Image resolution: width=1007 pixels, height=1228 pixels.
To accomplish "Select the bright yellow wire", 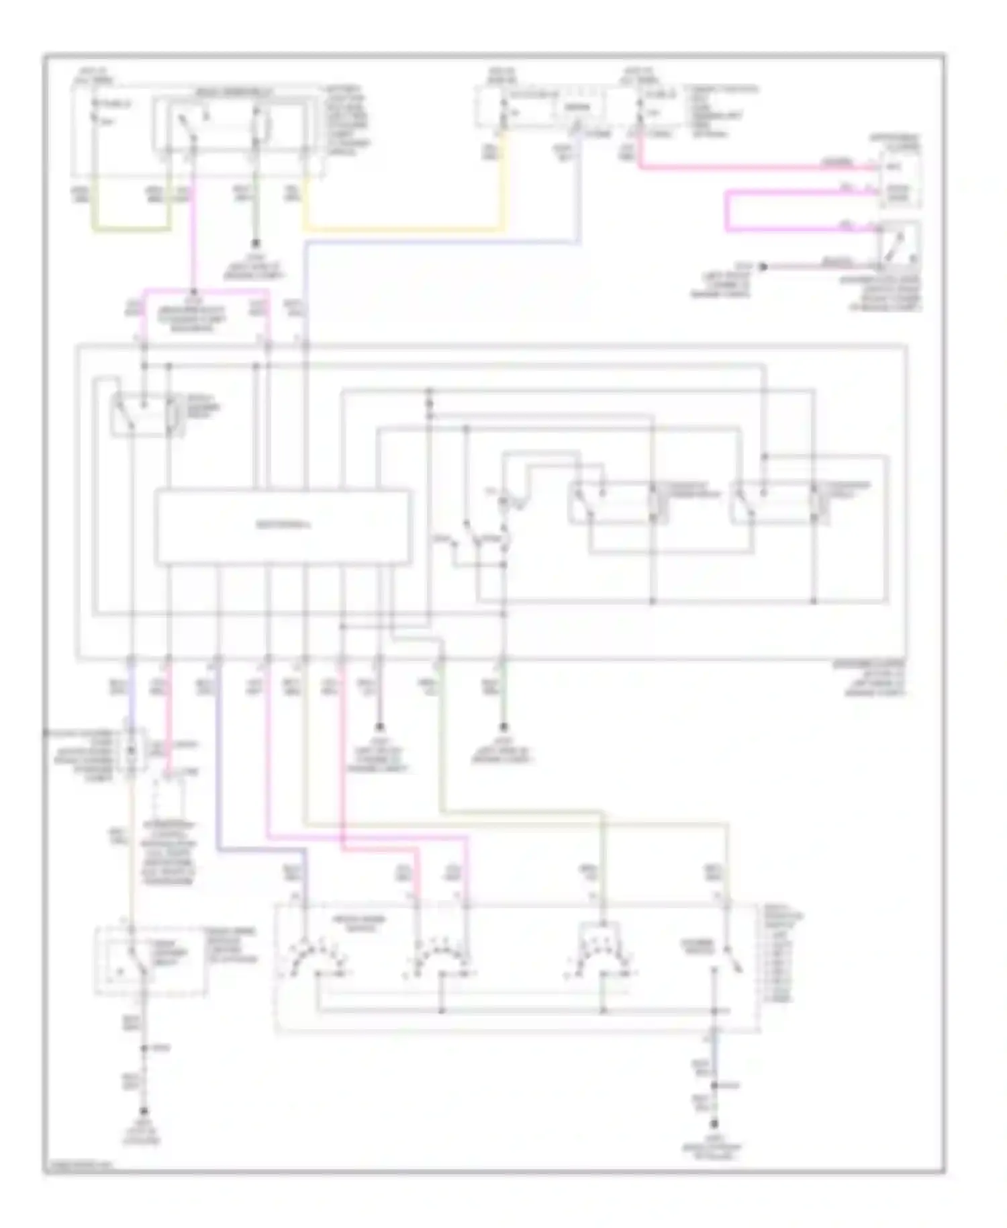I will point(403,230).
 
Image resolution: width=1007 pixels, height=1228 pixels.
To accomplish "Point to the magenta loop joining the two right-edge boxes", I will point(728,212).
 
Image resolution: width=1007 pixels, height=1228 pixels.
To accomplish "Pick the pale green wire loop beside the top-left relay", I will point(131,229).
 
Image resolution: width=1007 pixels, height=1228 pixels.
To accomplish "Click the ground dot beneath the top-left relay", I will point(256,245).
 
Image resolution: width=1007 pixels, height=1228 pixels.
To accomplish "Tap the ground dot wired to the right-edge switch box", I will point(762,267).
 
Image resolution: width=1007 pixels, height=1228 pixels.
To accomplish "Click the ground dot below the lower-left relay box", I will point(142,1112).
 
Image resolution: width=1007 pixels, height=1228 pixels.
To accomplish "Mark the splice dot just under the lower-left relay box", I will point(142,1048).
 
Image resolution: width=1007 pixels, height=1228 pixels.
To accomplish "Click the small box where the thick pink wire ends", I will point(900,178).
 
